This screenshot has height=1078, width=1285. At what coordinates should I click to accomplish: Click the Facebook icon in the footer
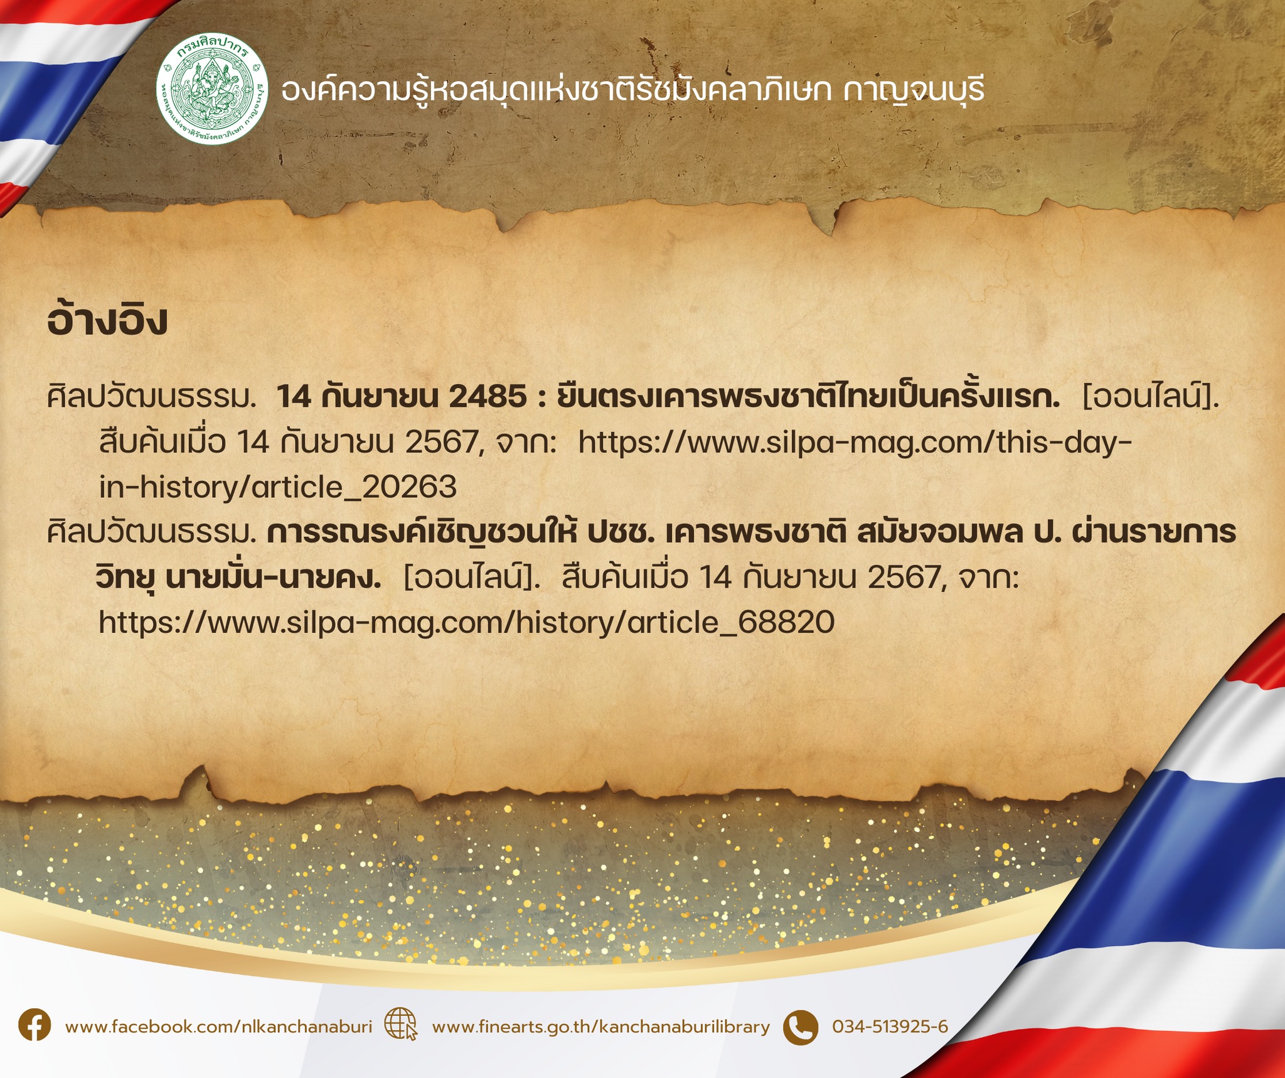pos(35,1027)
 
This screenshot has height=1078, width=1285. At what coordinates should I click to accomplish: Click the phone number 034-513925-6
pos(890,1027)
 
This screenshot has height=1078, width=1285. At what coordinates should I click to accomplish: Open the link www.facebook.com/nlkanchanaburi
pos(218,1027)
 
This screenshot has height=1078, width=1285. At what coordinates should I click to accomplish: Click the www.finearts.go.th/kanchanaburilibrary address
pos(600,1027)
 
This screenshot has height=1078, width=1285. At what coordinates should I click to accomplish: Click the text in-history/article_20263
pos(278,487)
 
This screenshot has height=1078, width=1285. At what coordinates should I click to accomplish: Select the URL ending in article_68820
pos(467,622)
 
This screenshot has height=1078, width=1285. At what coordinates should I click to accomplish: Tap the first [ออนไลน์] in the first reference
pos(1151,397)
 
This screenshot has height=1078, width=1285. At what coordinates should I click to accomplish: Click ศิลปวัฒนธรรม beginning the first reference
pos(151,397)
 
